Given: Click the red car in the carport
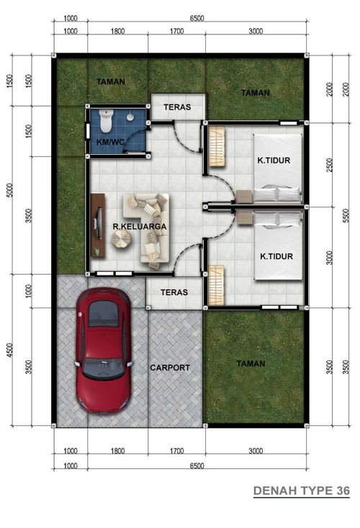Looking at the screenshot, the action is (x=104, y=350).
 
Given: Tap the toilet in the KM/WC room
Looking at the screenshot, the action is (x=106, y=121).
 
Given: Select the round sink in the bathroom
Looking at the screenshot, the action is (x=130, y=117).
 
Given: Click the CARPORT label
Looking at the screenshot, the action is (x=170, y=368).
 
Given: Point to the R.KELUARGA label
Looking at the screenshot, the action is (x=140, y=227).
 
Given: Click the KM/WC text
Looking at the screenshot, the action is (x=111, y=142).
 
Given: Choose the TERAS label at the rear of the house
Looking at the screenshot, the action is (x=177, y=107).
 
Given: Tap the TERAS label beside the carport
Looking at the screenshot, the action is (x=174, y=292).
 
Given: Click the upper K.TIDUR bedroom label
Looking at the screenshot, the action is (x=274, y=160).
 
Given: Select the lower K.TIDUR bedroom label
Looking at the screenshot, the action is (x=276, y=256).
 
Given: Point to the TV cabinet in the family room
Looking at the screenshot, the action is (x=98, y=225).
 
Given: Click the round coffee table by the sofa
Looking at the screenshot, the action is (x=122, y=240).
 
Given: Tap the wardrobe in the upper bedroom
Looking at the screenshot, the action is (x=217, y=147).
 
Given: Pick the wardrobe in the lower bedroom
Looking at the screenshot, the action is (x=216, y=285).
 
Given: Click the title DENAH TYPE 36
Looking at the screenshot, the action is (x=302, y=491).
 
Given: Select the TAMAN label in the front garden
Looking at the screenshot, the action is (x=251, y=364).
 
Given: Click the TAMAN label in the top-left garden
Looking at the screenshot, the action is (x=111, y=81).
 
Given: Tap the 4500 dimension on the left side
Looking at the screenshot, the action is (x=10, y=350).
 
